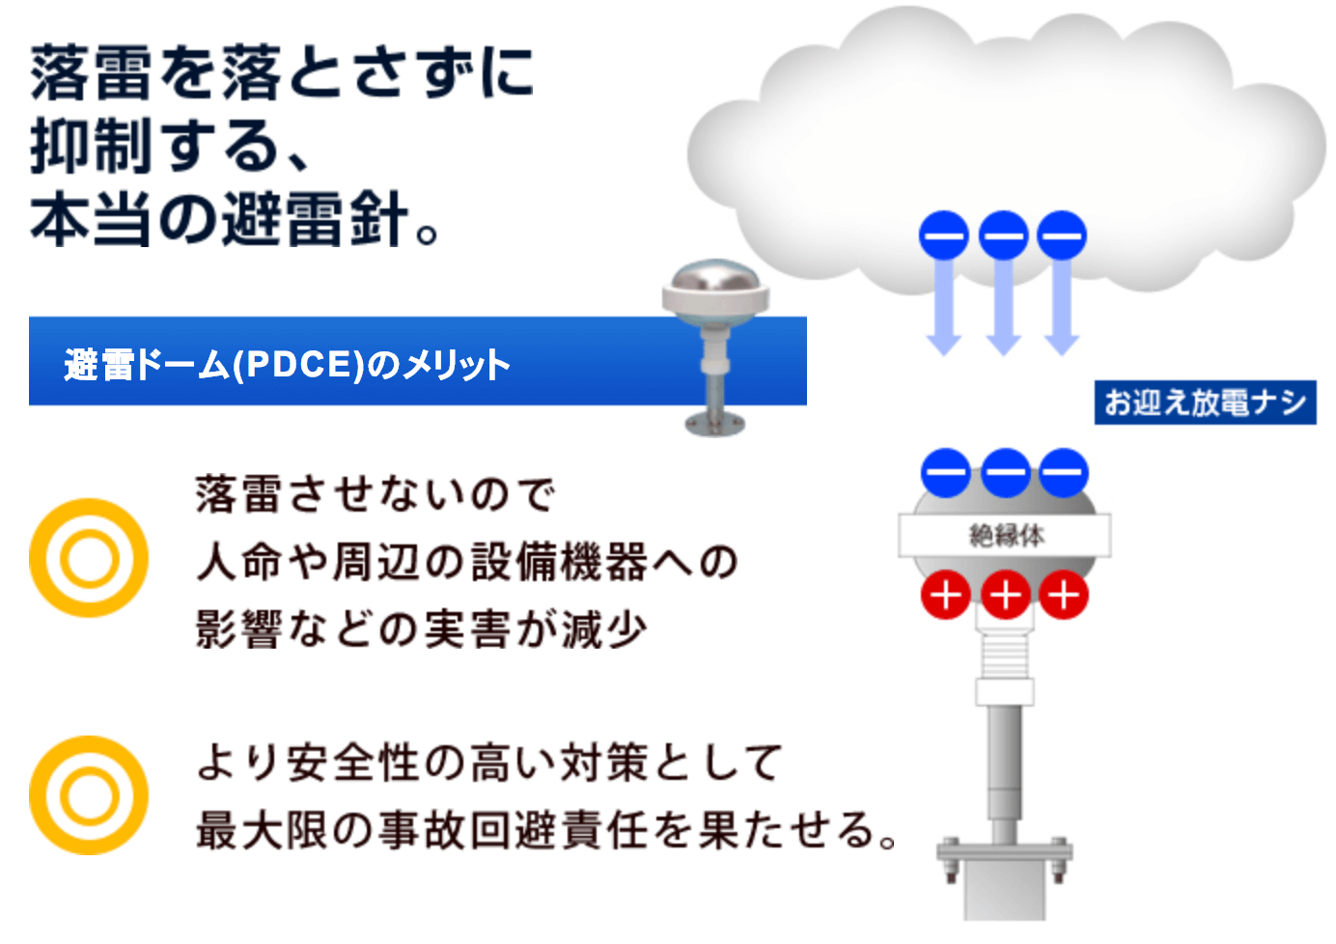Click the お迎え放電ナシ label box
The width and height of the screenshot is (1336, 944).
pyautogui.click(x=1205, y=403)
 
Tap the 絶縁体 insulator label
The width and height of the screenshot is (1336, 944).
pyautogui.click(x=1005, y=535)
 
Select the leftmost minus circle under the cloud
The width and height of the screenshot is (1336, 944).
pyautogui.click(x=943, y=236)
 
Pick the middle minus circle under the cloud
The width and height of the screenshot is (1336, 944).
pyautogui.click(x=1003, y=236)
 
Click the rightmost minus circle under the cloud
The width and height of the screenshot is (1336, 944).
pyautogui.click(x=1062, y=236)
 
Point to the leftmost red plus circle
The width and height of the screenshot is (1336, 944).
pyautogui.click(x=945, y=596)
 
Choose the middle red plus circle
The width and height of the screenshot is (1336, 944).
pyautogui.click(x=1005, y=596)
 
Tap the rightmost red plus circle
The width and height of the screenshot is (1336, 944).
pyautogui.click(x=1064, y=596)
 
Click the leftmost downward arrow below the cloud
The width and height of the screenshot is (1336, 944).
pyautogui.click(x=943, y=309)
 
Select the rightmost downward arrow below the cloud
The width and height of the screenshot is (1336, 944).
pyautogui.click(x=1062, y=309)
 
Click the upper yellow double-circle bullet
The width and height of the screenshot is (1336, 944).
pyautogui.click(x=89, y=558)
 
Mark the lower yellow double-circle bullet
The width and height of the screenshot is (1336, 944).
pyautogui.click(x=89, y=795)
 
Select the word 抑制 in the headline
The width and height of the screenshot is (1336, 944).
pyautogui.click(x=91, y=147)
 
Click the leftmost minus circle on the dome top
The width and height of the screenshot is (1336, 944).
pyautogui.click(x=945, y=473)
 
